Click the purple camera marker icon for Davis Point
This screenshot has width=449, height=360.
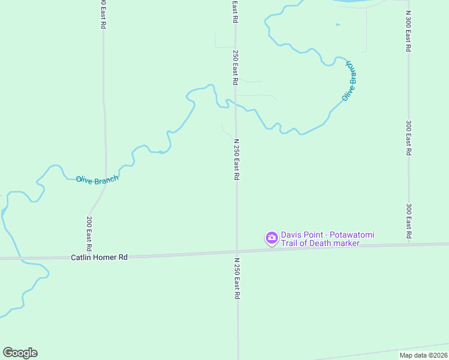tap(272, 238)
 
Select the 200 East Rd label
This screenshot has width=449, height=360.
tap(89, 233)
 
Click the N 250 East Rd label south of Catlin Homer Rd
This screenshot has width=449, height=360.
tap(237, 279)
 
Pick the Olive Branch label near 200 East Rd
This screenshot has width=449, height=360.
tap(97, 179)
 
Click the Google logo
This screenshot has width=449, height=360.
tap(20, 353)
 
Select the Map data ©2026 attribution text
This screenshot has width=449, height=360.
tap(424, 355)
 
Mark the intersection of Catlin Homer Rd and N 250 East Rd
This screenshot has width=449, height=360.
tap(237, 251)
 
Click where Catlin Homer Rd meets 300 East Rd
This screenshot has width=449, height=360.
tap(409, 245)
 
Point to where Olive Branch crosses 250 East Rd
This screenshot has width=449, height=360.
tap(235, 106)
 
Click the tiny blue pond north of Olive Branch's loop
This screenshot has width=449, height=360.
tap(337, 25)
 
